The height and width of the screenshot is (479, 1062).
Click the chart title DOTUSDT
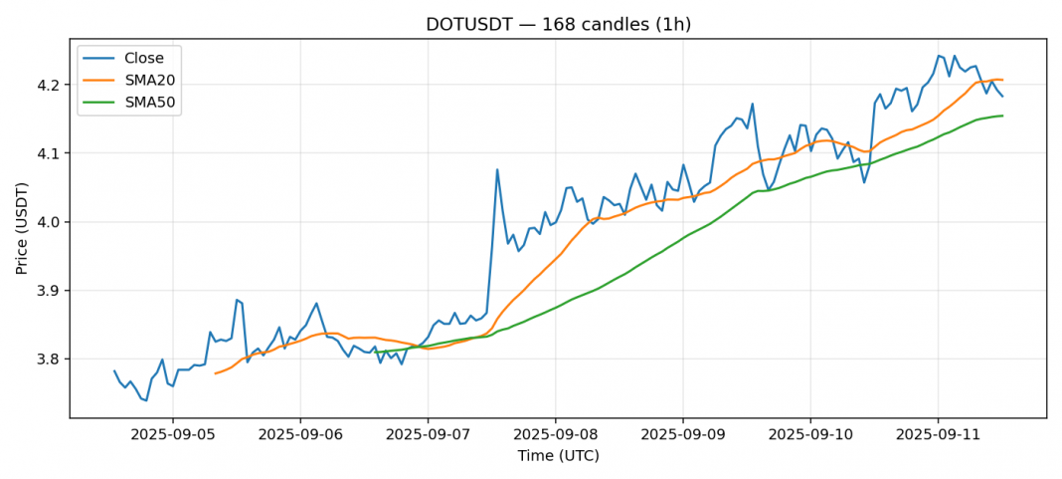pos(558,25)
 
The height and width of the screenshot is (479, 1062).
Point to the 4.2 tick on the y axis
pos(51,85)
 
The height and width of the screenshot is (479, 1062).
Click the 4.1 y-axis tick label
pos(51,153)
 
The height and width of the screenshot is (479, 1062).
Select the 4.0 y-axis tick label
pos(51,222)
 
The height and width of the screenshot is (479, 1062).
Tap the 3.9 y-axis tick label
pos(51,291)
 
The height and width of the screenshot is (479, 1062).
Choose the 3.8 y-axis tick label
pos(51,359)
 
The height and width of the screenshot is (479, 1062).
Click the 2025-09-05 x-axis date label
pos(173,436)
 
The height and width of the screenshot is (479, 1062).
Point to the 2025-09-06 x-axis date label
pos(300,436)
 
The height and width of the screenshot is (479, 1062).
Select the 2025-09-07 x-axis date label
pos(428,436)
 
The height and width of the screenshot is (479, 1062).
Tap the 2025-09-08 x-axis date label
pos(555,436)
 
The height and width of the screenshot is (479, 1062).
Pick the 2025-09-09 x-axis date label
pos(683,436)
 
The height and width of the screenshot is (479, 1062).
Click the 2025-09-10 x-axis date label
pos(810,436)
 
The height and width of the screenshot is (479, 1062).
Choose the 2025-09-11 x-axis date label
pos(938,436)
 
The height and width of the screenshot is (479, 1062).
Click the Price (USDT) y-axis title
pos(23,228)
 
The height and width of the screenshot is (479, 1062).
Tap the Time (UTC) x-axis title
pos(558,456)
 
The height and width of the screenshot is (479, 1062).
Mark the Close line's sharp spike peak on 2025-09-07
pos(497,169)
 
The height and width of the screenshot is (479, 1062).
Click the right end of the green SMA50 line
pos(1002,116)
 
